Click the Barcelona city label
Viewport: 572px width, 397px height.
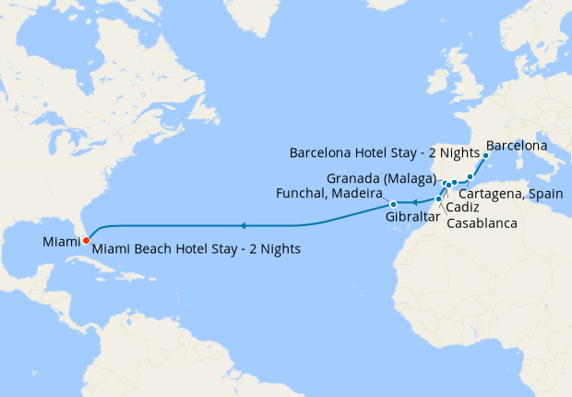pyautogui.click(x=517, y=146)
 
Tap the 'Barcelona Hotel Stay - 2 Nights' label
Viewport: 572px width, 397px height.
pyautogui.click(x=385, y=151)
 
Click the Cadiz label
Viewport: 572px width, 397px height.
pyautogui.click(x=462, y=208)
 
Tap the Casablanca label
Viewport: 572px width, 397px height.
pyautogui.click(x=481, y=223)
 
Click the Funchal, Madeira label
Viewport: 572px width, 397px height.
pyautogui.click(x=329, y=193)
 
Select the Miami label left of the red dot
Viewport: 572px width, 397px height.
pyautogui.click(x=61, y=243)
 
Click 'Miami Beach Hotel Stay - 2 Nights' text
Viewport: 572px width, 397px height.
pyautogui.click(x=197, y=249)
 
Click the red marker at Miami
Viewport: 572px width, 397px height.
pyautogui.click(x=86, y=241)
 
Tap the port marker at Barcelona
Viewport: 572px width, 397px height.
pyautogui.click(x=485, y=156)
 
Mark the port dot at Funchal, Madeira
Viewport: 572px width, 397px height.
pyautogui.click(x=393, y=204)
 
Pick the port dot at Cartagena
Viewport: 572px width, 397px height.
pyautogui.click(x=470, y=176)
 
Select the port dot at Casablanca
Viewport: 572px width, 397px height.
pyautogui.click(x=437, y=198)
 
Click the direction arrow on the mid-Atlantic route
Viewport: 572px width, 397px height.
pyautogui.click(x=242, y=225)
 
